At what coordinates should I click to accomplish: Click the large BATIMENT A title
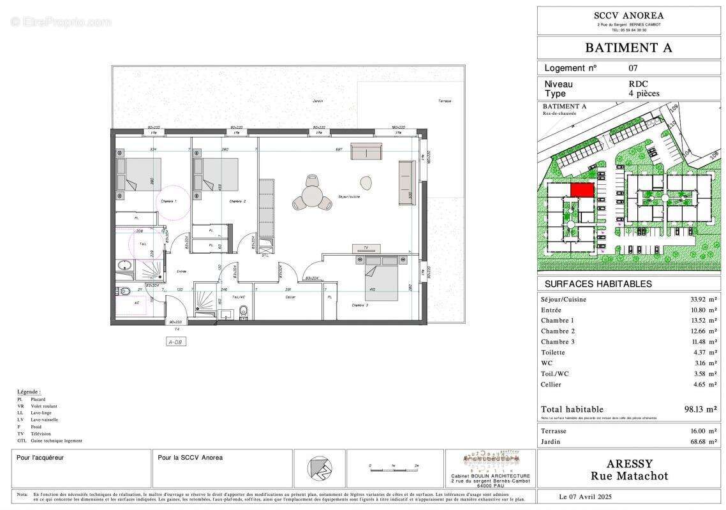coord(628,47)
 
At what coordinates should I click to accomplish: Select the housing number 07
coord(633,68)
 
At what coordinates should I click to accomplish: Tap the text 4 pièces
coord(644,93)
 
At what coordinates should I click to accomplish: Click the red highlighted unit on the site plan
coord(582,190)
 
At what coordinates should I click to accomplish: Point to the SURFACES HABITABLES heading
coord(589,284)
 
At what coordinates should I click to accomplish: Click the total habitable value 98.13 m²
coord(700,409)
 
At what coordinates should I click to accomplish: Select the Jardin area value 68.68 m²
coord(699,441)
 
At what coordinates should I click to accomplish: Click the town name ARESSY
coord(628,463)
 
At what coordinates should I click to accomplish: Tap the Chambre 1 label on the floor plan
coord(167,201)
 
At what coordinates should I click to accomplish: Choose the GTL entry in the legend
coord(50,441)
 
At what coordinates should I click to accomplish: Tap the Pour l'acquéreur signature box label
coord(40,457)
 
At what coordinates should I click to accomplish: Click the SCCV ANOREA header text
coord(628,15)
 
